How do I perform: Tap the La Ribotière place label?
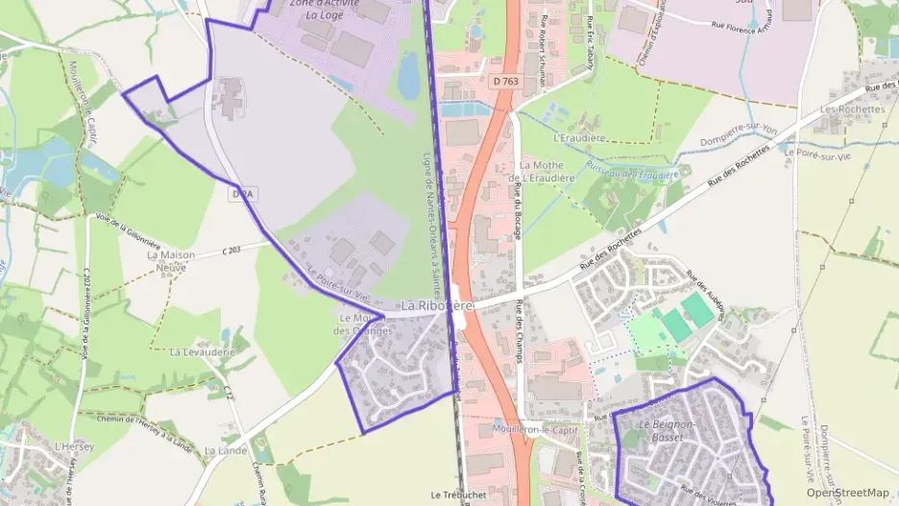click(437, 305)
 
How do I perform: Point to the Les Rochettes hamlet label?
click(852, 109)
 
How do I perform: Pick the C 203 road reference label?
click(231, 250)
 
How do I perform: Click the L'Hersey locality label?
click(72, 446)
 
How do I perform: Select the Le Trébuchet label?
click(457, 495)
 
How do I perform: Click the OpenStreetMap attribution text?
click(847, 493)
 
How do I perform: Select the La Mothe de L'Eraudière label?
click(542, 172)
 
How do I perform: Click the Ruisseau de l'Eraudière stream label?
click(639, 174)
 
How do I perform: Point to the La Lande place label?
click(232, 450)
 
